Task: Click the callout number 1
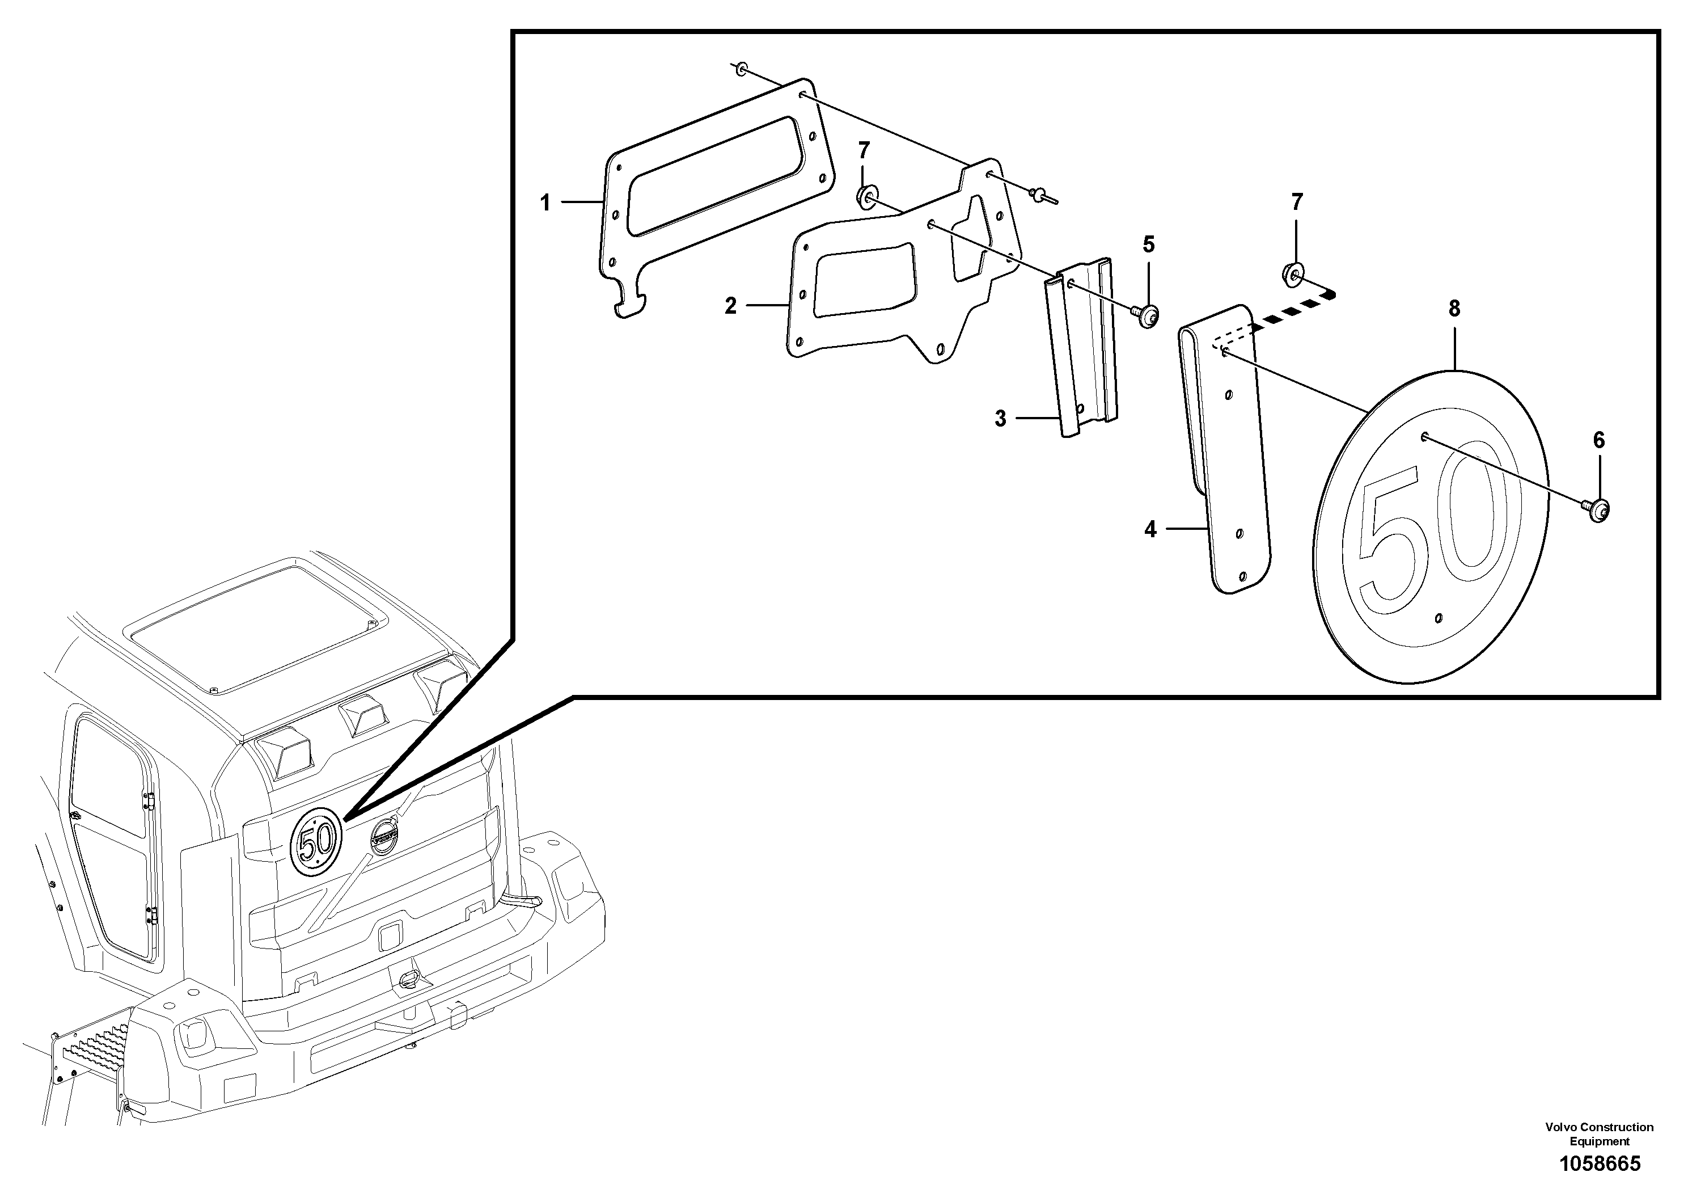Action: (545, 203)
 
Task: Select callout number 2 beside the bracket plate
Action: (730, 306)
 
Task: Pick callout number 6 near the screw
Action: (1599, 441)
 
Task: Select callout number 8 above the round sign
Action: (1454, 309)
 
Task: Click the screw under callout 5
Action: (1148, 317)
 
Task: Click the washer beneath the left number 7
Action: (867, 197)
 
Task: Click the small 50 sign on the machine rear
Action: (316, 841)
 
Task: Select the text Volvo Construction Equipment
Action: (1600, 1134)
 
